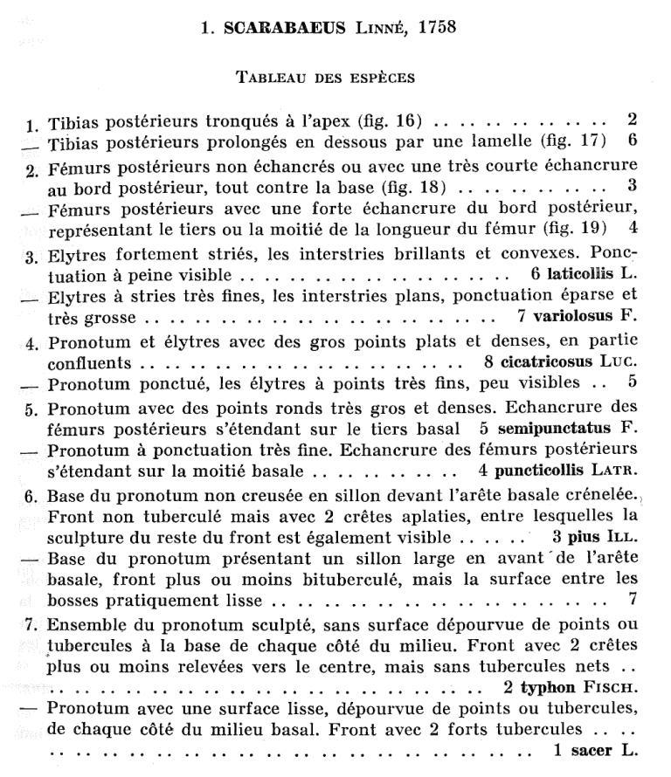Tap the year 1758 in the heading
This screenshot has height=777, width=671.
coord(436,28)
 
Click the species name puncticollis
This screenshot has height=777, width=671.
coord(547,471)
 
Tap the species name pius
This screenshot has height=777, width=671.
coord(588,536)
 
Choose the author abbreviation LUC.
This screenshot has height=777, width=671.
coord(620,361)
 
